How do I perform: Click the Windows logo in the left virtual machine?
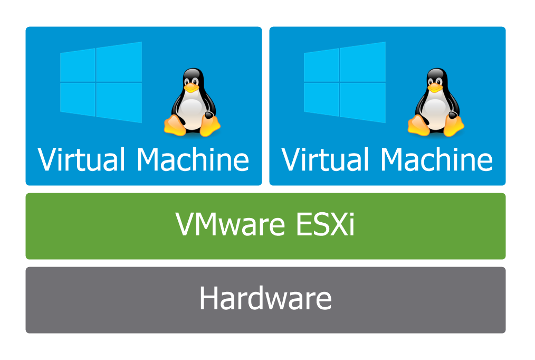pyautogui.click(x=101, y=82)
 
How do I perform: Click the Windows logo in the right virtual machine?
pyautogui.click(x=345, y=82)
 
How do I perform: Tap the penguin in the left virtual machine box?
pyautogui.click(x=192, y=102)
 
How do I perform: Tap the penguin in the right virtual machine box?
pyautogui.click(x=436, y=102)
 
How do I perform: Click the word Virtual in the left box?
pyautogui.click(x=81, y=159)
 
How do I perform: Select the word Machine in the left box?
pyautogui.click(x=193, y=159)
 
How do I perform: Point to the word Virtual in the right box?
pyautogui.click(x=325, y=159)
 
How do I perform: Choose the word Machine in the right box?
pyautogui.click(x=437, y=159)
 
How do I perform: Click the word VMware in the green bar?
pyautogui.click(x=231, y=224)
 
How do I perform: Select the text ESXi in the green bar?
pyautogui.click(x=326, y=224)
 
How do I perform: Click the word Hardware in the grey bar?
pyautogui.click(x=265, y=298)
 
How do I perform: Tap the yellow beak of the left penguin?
pyautogui.click(x=192, y=88)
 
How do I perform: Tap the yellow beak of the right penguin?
pyautogui.click(x=435, y=88)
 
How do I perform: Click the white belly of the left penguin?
pyautogui.click(x=192, y=111)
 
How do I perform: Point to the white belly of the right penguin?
pyautogui.click(x=435, y=111)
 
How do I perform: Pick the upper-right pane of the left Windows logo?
pyautogui.click(x=119, y=62)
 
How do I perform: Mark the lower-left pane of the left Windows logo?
pyautogui.click(x=78, y=99)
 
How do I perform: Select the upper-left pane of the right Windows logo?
pyautogui.click(x=321, y=65)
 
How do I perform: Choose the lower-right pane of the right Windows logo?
pyautogui.click(x=363, y=103)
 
